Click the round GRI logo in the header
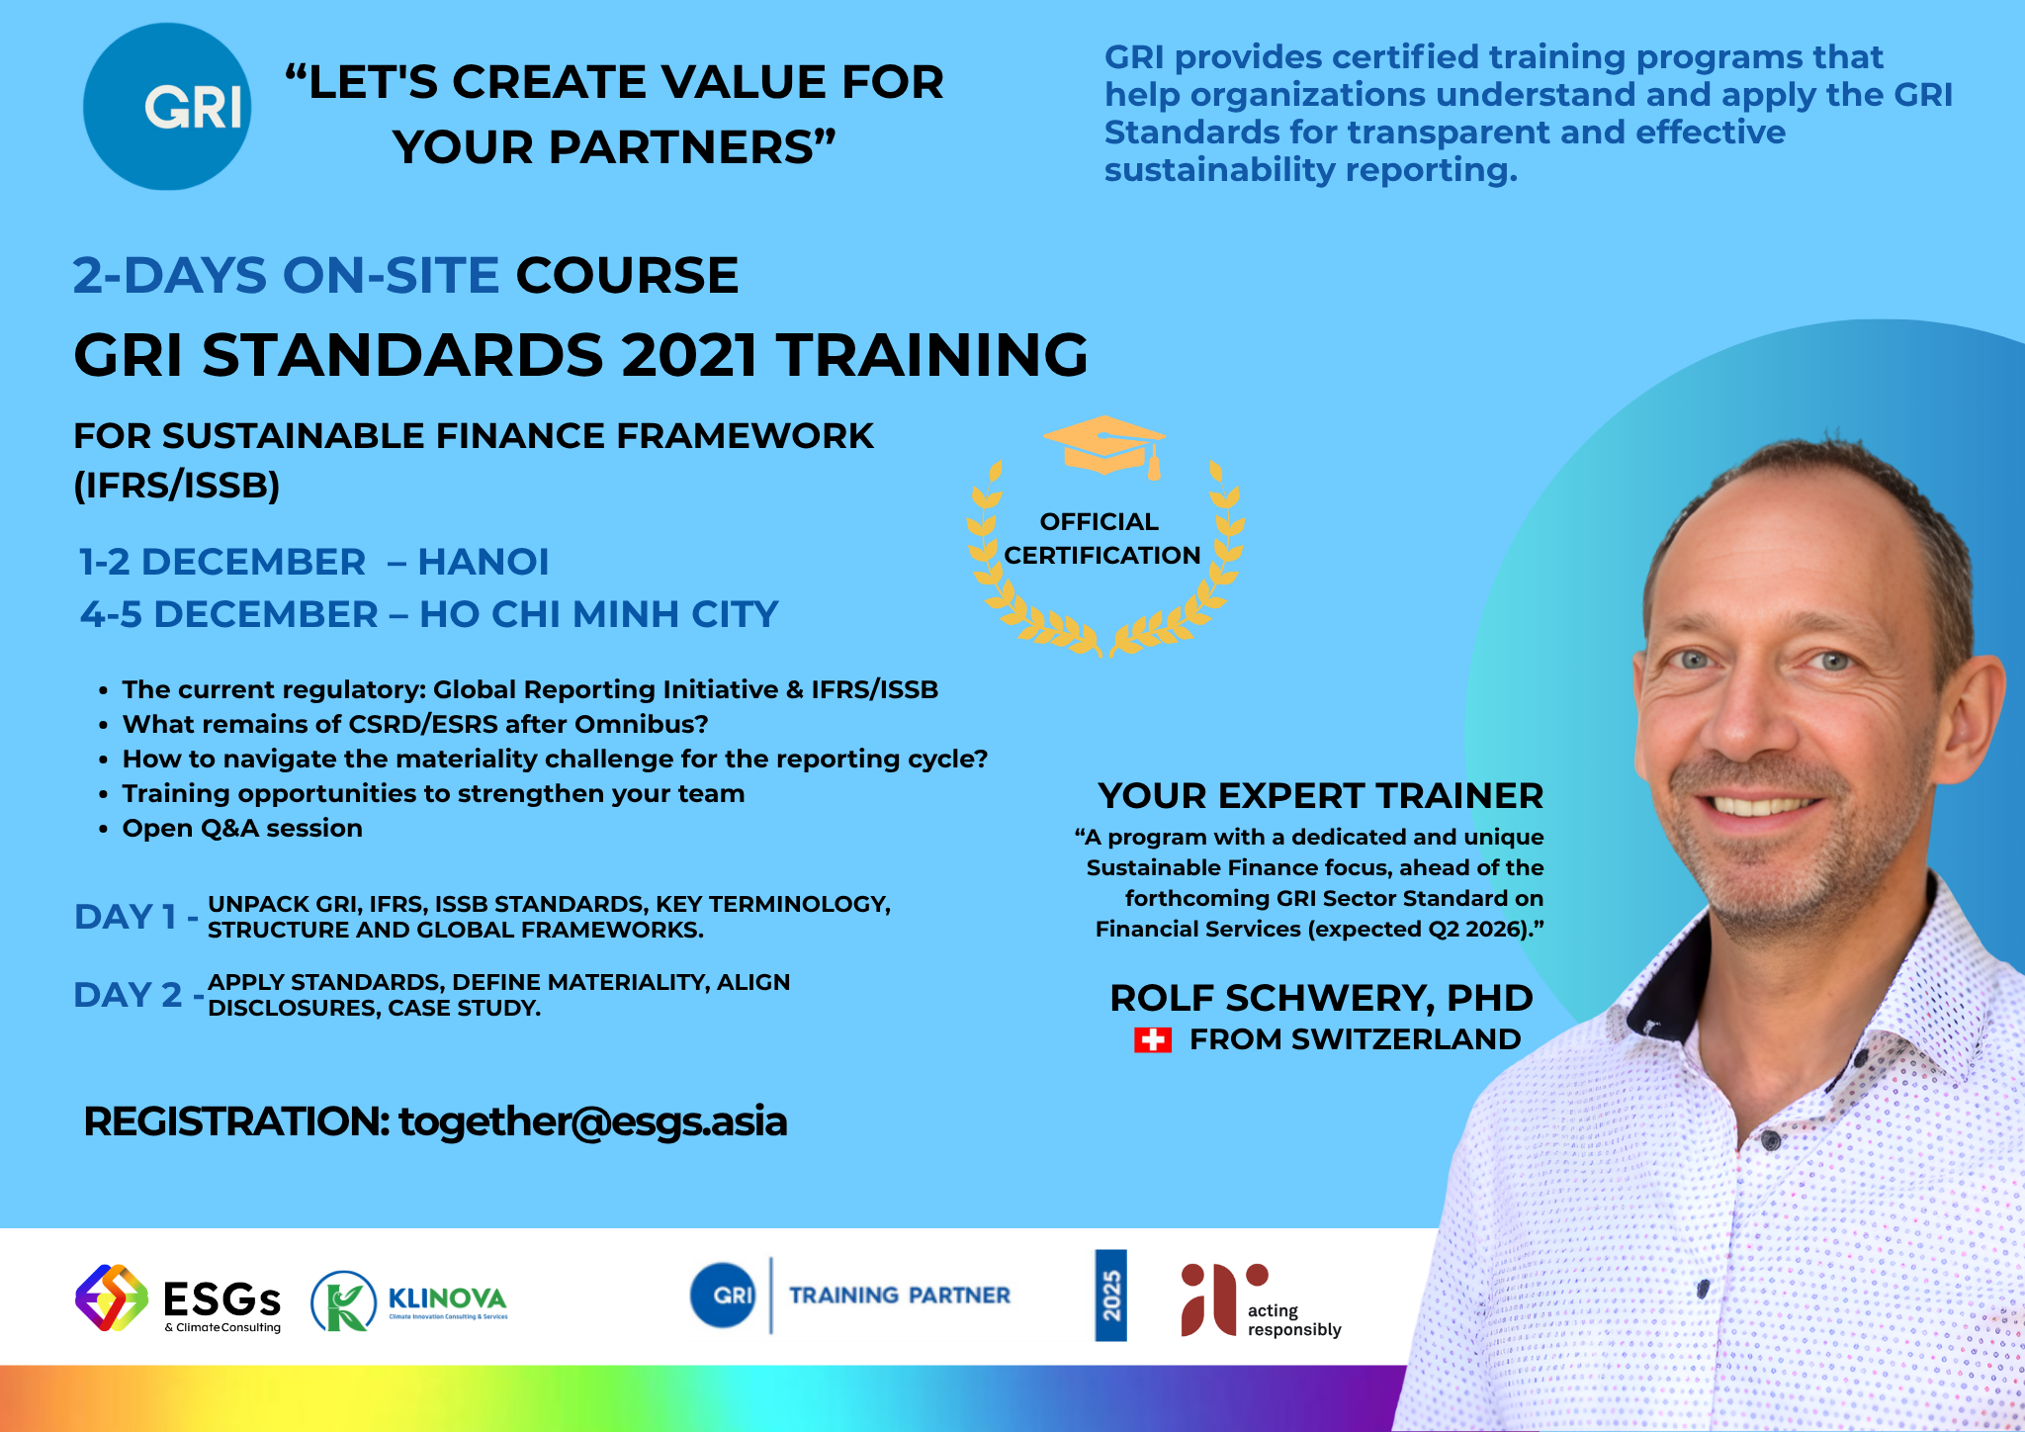[x=167, y=107]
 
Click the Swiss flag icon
[x=1153, y=1039]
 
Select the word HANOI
[x=484, y=562]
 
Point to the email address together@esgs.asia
[x=593, y=1122]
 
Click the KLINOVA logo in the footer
[x=409, y=1300]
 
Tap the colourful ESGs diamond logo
[x=111, y=1298]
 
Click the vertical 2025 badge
[x=1110, y=1296]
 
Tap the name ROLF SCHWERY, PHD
[x=1321, y=999]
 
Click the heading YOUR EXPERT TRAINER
[x=1321, y=796]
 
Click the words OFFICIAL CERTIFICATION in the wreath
[x=1101, y=539]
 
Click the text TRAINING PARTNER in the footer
[x=900, y=1296]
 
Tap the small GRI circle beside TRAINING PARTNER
[x=723, y=1296]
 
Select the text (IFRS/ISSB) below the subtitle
[x=177, y=486]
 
